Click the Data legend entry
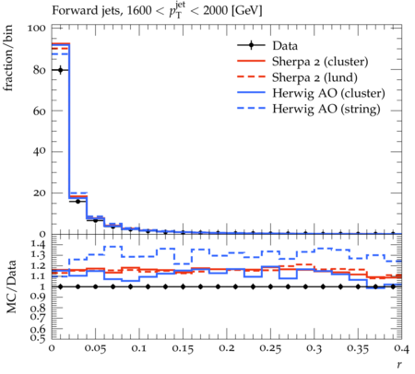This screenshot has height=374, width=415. pyautogui.click(x=285, y=46)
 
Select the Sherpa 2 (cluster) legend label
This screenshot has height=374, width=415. pyautogui.click(x=320, y=62)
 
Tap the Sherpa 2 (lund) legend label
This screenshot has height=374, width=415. pyautogui.click(x=314, y=77)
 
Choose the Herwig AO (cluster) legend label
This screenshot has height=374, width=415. pyautogui.click(x=328, y=93)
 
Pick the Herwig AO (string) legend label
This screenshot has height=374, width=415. pyautogui.click(x=326, y=109)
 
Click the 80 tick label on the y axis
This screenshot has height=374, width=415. pyautogui.click(x=39, y=70)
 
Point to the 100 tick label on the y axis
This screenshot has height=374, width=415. pyautogui.click(x=36, y=29)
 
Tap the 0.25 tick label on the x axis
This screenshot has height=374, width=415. pyautogui.click(x=270, y=348)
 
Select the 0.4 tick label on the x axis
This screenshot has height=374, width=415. pyautogui.click(x=401, y=348)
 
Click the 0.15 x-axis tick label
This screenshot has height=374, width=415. pyautogui.click(x=183, y=348)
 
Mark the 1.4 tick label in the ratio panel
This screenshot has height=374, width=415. pyautogui.click(x=38, y=244)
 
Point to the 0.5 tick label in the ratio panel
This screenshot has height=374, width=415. pyautogui.click(x=38, y=338)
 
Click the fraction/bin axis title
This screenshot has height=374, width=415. pyautogui.click(x=8, y=57)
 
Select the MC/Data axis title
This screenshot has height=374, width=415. pyautogui.click(x=11, y=286)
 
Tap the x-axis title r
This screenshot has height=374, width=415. pyautogui.click(x=399, y=365)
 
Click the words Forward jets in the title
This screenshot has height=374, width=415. pyautogui.click(x=86, y=11)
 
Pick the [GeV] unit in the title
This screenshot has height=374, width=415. pyautogui.click(x=247, y=11)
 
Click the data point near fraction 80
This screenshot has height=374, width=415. pyautogui.click(x=60, y=70)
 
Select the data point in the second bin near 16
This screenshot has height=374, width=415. pyautogui.click(x=77, y=202)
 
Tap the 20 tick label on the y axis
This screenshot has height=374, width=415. pyautogui.click(x=39, y=193)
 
